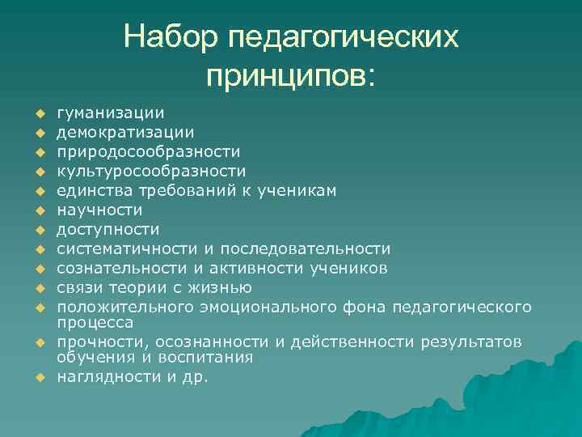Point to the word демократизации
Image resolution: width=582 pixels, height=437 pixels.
pyautogui.click(x=125, y=132)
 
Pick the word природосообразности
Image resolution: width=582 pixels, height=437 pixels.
pyautogui.click(x=148, y=151)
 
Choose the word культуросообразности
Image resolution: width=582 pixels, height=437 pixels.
pyautogui.click(x=151, y=171)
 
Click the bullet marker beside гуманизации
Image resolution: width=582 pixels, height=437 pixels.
pyautogui.click(x=37, y=114)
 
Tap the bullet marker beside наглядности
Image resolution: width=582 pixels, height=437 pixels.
pyautogui.click(x=37, y=377)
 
